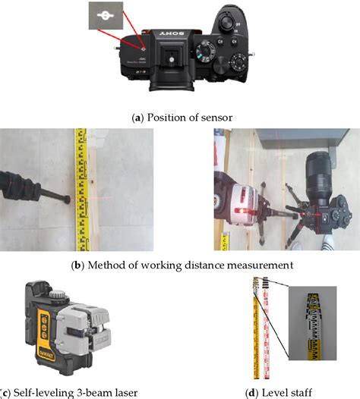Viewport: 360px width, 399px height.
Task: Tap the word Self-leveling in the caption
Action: (x=42, y=391)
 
